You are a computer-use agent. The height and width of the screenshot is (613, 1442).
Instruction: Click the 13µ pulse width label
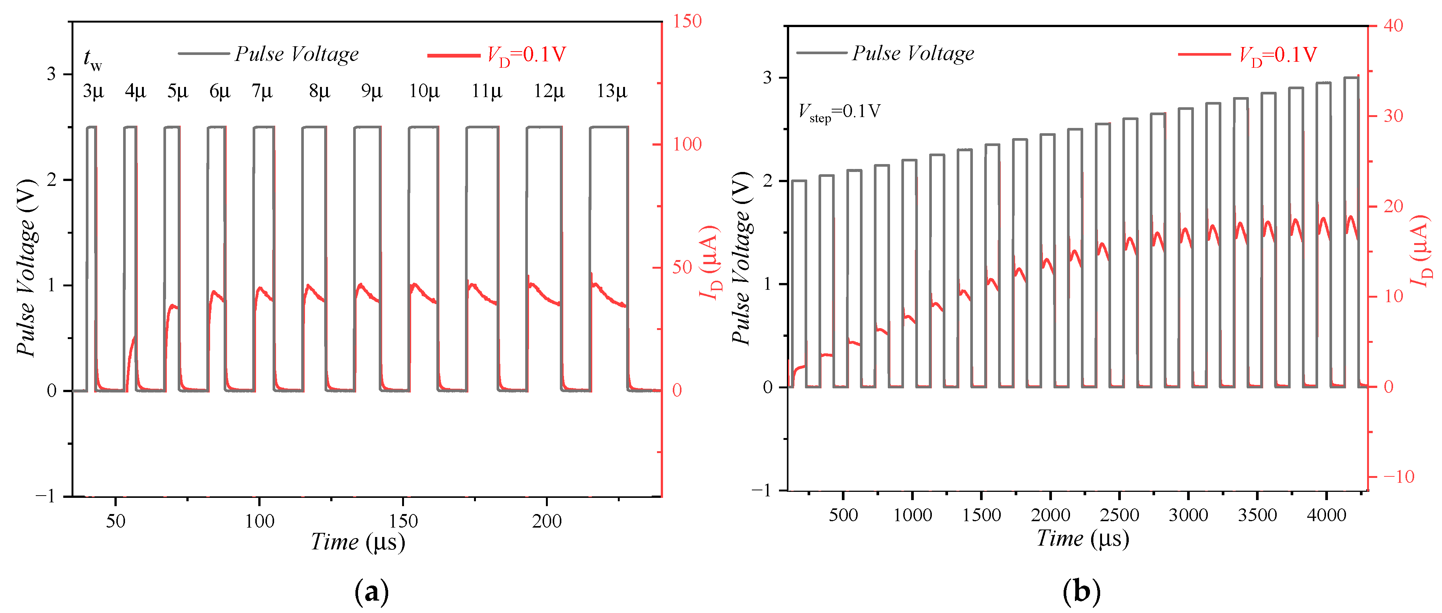click(x=611, y=91)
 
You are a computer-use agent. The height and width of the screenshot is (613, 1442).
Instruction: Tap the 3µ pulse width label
click(x=93, y=91)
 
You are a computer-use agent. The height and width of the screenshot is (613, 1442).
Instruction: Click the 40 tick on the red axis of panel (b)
click(x=1393, y=26)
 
